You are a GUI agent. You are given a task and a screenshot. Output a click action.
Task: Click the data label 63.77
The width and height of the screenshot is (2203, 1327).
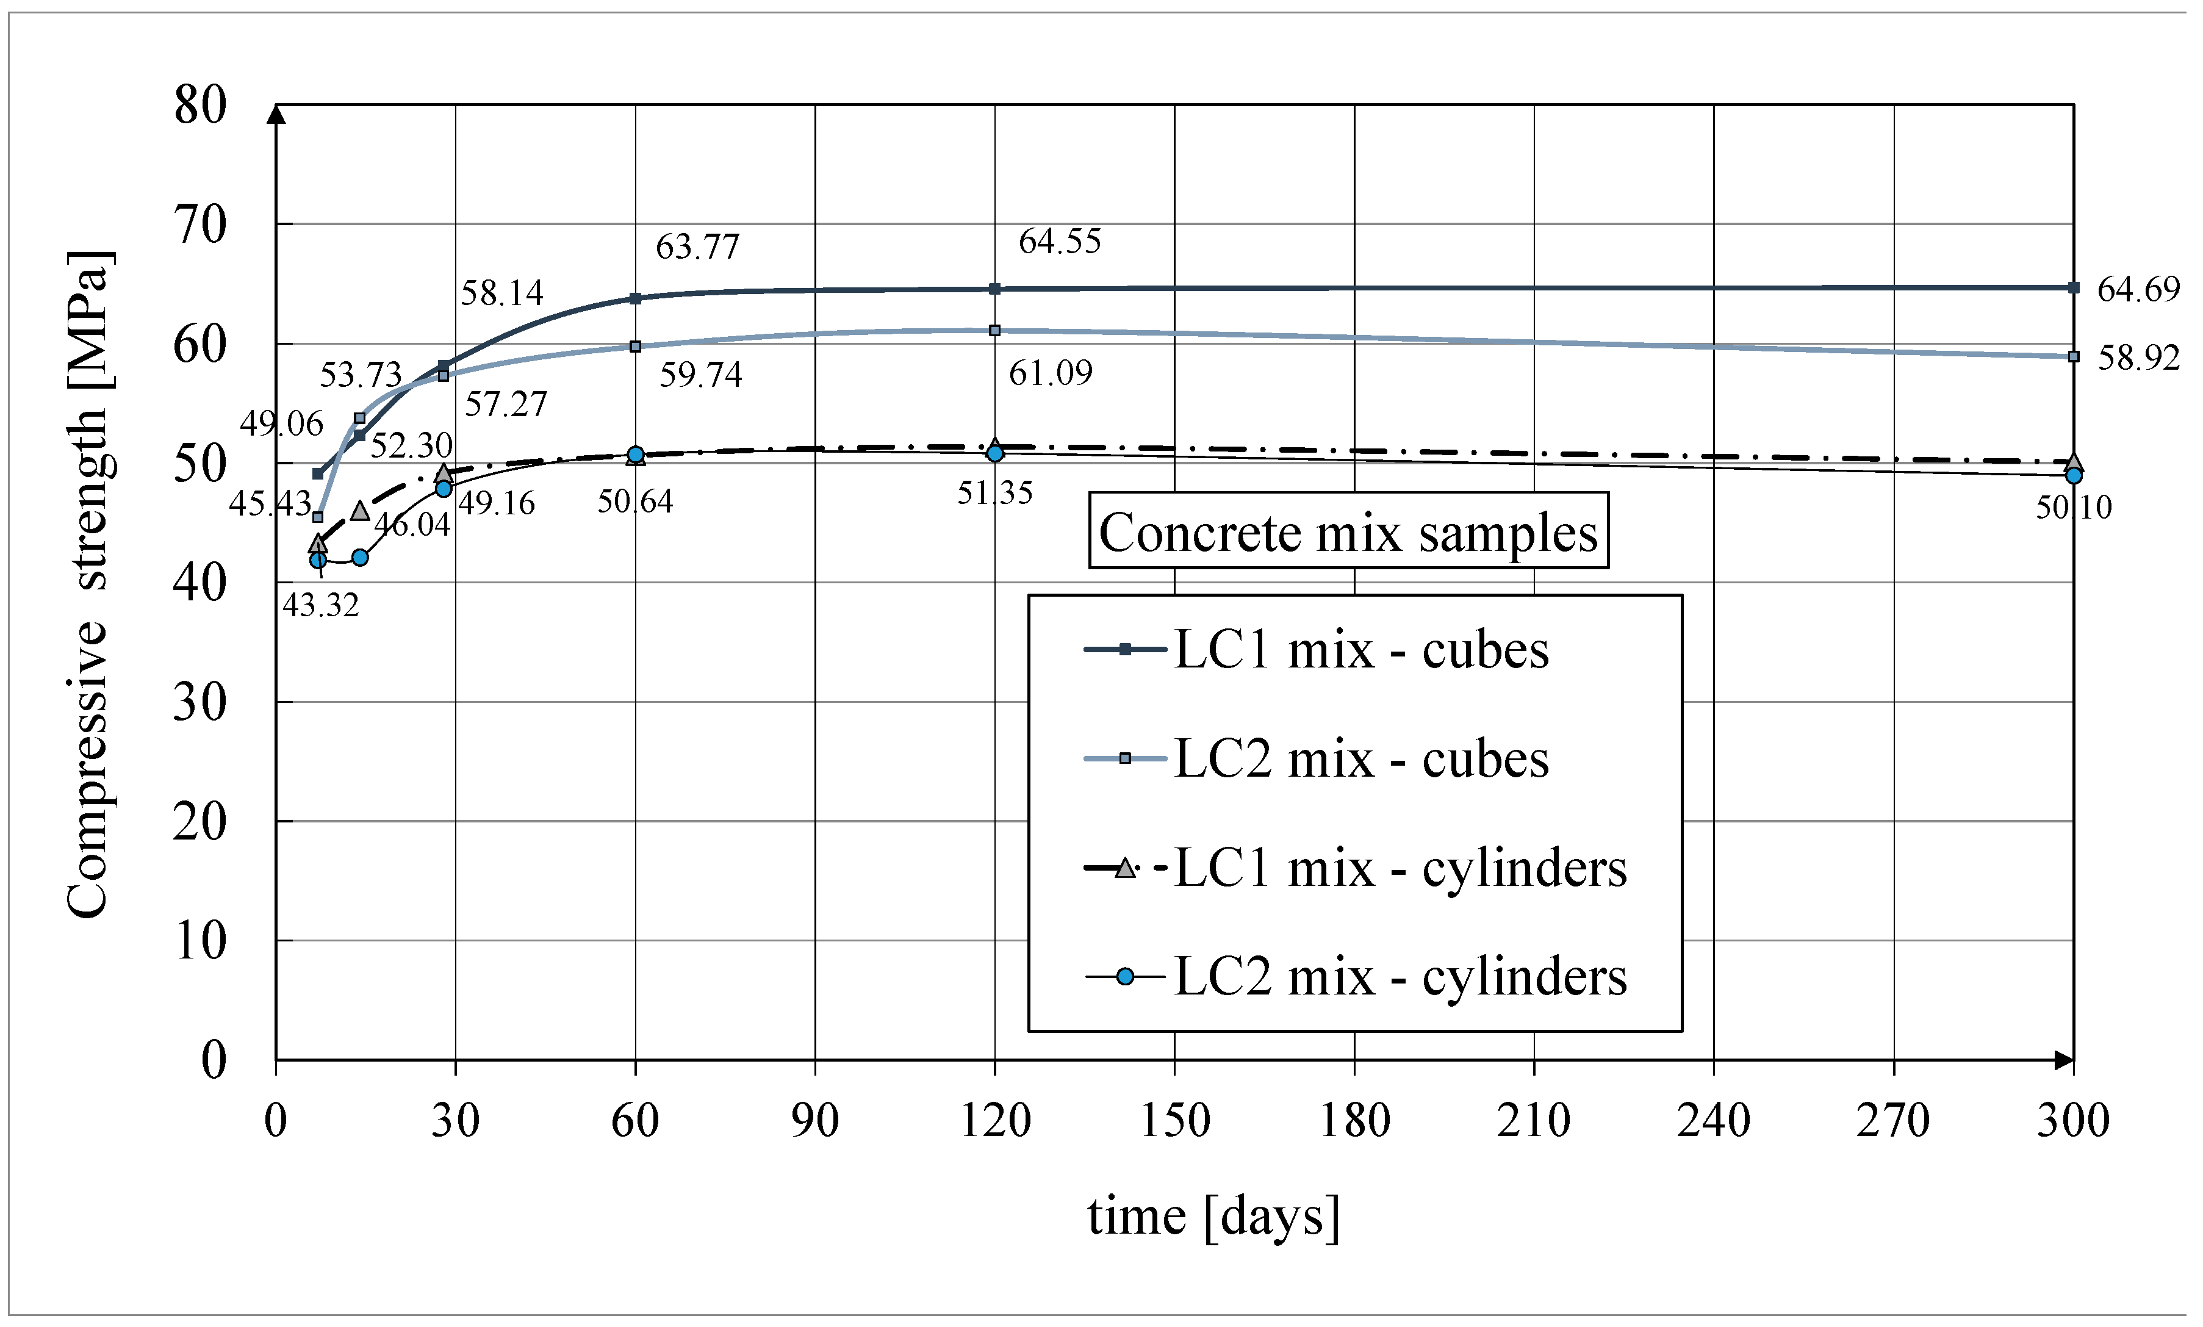pos(697,248)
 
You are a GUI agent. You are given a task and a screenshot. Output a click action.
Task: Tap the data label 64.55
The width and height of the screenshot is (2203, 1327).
pos(1060,242)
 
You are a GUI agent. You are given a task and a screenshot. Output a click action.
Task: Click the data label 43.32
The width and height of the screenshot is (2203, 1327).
pos(320,606)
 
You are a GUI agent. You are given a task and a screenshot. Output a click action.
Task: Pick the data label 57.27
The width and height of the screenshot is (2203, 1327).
pos(505,405)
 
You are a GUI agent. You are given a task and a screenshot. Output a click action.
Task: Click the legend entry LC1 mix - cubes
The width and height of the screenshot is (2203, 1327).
pos(1360,650)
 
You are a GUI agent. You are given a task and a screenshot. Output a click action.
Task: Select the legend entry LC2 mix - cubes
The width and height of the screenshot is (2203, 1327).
pos(1360,759)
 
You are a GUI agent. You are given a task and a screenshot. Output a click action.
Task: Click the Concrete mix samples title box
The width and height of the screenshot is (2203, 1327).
pos(1348,532)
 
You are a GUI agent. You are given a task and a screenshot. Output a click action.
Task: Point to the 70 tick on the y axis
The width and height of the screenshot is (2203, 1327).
pos(200,225)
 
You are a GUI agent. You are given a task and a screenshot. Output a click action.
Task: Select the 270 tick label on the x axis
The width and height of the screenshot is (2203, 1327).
pos(1894,1120)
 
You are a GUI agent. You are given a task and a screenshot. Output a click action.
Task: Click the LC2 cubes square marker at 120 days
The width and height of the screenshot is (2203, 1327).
pos(995,331)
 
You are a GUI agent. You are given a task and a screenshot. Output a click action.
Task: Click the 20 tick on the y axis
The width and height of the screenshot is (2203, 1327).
pos(200,822)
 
